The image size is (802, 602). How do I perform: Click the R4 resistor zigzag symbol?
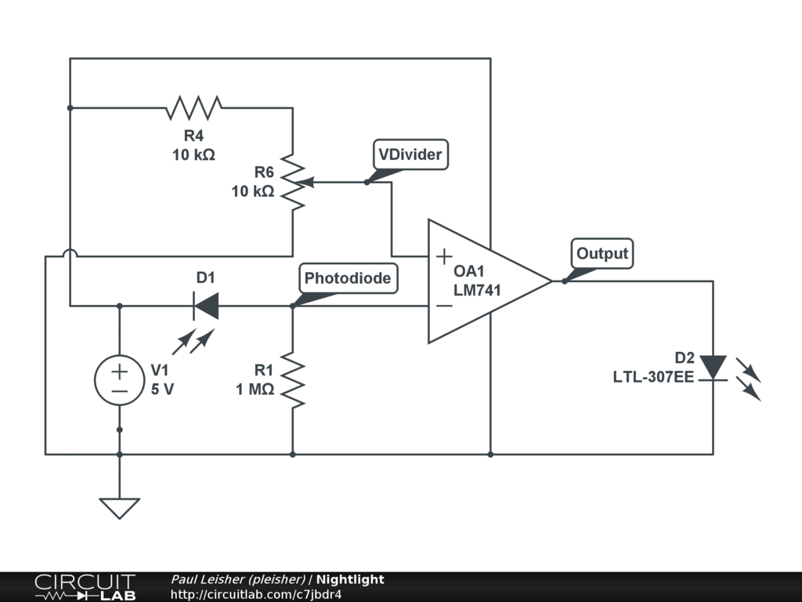pyautogui.click(x=194, y=107)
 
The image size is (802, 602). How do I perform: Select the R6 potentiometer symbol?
pyautogui.click(x=293, y=182)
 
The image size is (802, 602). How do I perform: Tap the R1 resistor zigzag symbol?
pyautogui.click(x=292, y=380)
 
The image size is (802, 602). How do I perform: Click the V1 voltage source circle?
pyautogui.click(x=119, y=380)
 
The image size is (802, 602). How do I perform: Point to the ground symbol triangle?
pyautogui.click(x=119, y=508)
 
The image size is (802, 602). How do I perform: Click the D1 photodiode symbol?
pyautogui.click(x=205, y=305)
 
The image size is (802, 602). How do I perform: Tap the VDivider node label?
pyautogui.click(x=410, y=155)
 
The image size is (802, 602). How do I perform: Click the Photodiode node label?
pyautogui.click(x=347, y=278)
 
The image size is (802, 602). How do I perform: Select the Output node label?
pyautogui.click(x=602, y=254)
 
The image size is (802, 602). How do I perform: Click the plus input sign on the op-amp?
pyautogui.click(x=443, y=256)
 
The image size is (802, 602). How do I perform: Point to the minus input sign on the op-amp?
pyautogui.click(x=443, y=306)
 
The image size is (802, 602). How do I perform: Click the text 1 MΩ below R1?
pyautogui.click(x=255, y=389)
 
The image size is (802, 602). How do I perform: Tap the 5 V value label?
pyautogui.click(x=162, y=389)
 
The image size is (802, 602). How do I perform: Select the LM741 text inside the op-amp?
pyautogui.click(x=477, y=290)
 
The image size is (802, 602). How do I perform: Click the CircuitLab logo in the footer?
pyautogui.click(x=85, y=587)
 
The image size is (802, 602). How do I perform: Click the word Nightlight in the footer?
pyautogui.click(x=350, y=579)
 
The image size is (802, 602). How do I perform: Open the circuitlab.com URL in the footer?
pyautogui.click(x=255, y=594)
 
